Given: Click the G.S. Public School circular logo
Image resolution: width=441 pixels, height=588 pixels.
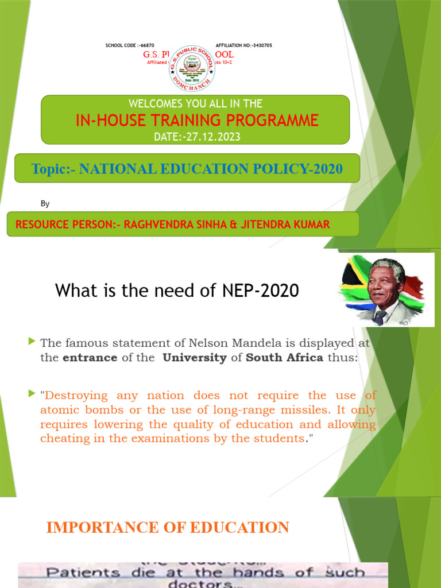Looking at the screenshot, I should click(192, 68).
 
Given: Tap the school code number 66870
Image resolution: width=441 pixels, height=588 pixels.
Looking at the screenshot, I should click(146, 45).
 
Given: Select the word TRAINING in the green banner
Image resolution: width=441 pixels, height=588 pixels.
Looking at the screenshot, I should click(188, 120).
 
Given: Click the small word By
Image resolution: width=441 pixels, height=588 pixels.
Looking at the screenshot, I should click(45, 203).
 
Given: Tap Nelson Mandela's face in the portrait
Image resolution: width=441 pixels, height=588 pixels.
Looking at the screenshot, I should click(382, 286).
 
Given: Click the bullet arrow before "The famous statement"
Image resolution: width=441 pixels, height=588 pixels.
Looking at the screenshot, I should click(32, 342).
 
